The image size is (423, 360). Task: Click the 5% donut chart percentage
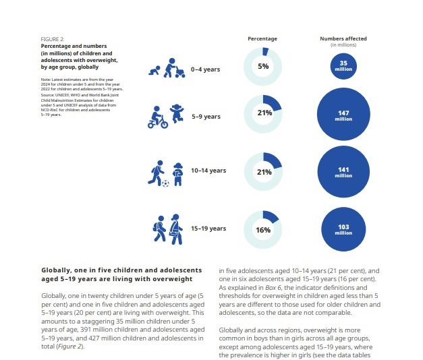(262, 67)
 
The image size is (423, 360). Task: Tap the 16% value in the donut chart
(262, 230)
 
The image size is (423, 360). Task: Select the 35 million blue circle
(343, 66)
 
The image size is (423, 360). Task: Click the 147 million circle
(343, 115)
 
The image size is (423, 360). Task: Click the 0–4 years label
(206, 69)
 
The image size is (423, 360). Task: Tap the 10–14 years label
(208, 171)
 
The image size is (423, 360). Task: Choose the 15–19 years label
(208, 229)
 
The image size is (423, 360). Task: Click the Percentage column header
(262, 39)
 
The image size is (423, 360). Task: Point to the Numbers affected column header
(342, 39)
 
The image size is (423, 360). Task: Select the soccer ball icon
(166, 183)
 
